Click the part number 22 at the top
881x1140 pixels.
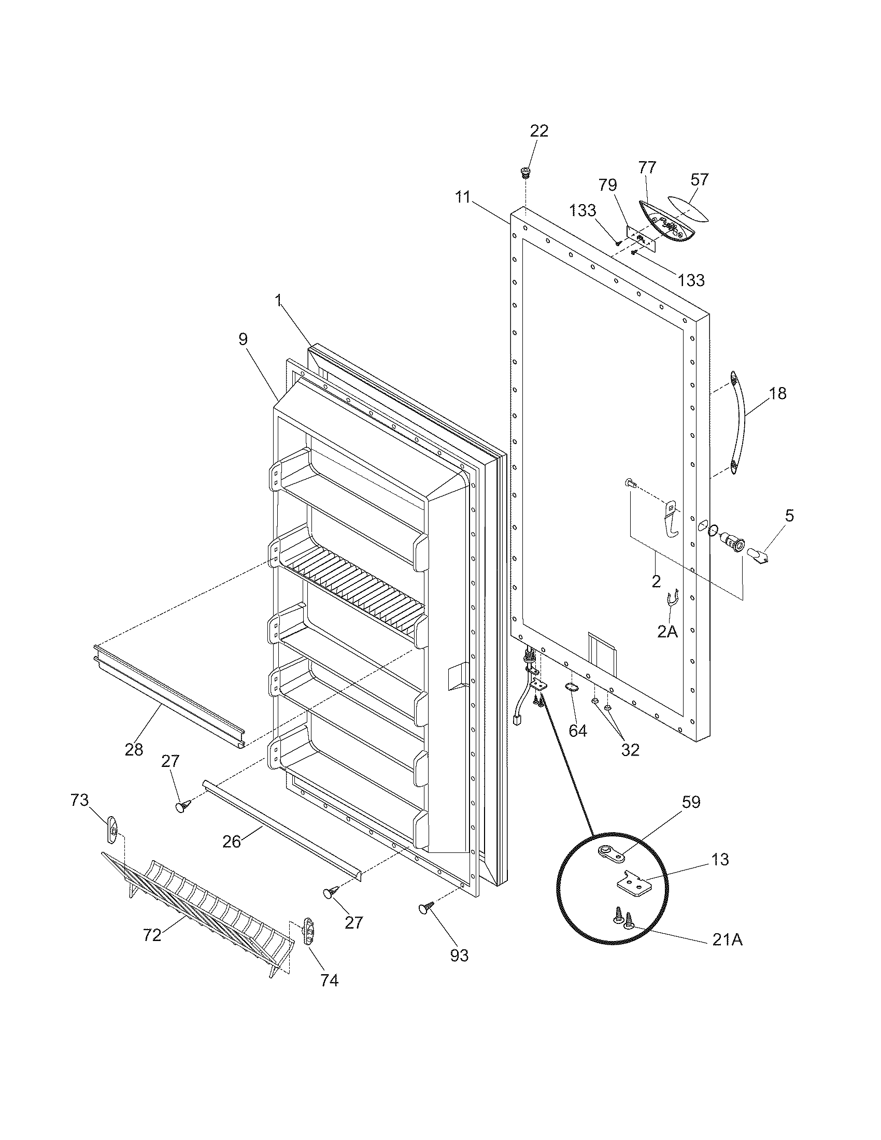(539, 131)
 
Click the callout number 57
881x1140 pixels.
(700, 179)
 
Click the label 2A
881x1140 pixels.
(667, 632)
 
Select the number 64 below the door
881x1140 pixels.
(577, 731)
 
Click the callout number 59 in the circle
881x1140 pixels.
(691, 802)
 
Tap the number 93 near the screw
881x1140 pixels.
(460, 955)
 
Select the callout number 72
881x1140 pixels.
(152, 935)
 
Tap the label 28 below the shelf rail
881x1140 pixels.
(134, 749)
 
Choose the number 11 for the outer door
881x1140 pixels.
(462, 197)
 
